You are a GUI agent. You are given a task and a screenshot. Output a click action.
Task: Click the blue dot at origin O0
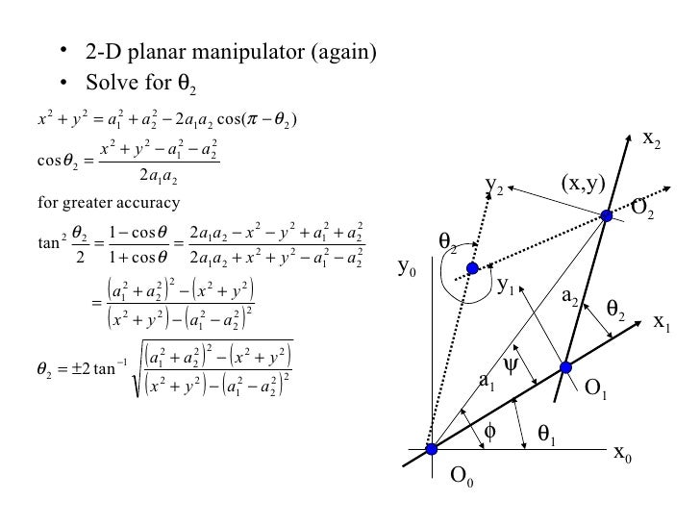coord(432,449)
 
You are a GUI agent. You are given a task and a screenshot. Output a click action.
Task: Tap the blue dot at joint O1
coord(565,367)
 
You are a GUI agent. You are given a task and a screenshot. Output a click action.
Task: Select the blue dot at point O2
coord(607,216)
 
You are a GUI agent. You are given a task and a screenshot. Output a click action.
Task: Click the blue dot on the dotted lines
coord(472,268)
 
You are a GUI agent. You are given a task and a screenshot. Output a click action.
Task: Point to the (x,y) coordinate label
coord(581,185)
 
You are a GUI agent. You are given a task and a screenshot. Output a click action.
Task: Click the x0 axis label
coord(622,455)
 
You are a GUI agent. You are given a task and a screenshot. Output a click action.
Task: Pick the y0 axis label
coord(408,272)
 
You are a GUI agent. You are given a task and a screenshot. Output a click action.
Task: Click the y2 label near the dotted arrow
coord(495,185)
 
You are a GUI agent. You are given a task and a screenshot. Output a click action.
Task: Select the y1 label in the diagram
coord(507,285)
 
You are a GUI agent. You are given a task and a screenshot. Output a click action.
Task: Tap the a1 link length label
coord(487,383)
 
